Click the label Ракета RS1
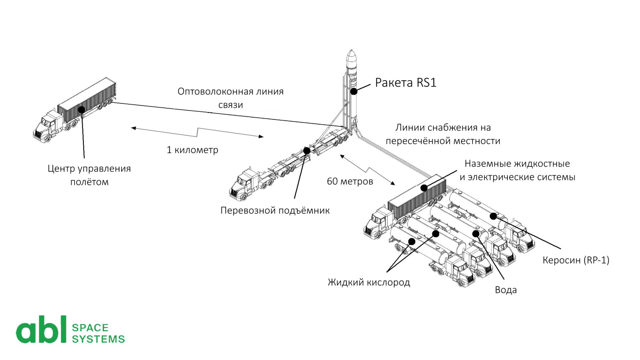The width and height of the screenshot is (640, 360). click(x=406, y=83)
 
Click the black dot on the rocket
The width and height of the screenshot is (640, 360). click(x=353, y=91)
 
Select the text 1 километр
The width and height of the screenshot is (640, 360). click(x=192, y=150)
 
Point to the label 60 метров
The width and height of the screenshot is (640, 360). click(x=350, y=181)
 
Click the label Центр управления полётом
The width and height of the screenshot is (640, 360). click(x=89, y=175)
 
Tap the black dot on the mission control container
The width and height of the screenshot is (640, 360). click(x=81, y=109)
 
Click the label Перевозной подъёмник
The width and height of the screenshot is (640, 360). click(x=275, y=211)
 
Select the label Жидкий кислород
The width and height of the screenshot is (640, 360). click(x=369, y=283)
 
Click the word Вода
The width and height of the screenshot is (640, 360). click(x=506, y=290)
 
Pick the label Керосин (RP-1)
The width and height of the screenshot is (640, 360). click(x=576, y=260)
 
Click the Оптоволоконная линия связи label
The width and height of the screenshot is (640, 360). click(x=230, y=98)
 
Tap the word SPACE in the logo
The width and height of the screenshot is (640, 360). click(x=90, y=328)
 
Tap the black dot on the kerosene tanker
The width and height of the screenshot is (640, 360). click(x=493, y=216)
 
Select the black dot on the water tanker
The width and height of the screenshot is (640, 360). click(x=476, y=233)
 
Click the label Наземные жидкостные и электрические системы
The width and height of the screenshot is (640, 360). click(x=517, y=170)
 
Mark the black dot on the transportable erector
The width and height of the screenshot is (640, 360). click(x=307, y=151)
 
